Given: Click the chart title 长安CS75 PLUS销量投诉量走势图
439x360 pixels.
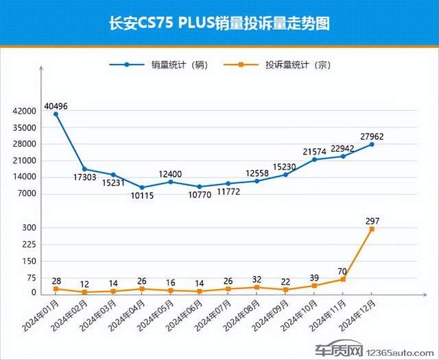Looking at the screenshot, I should pos(219,24).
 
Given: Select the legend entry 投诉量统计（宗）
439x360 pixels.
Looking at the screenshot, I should pos(293,66).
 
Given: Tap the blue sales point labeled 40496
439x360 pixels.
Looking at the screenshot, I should pos(56,114).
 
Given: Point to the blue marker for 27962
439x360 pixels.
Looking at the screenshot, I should pos(372,144).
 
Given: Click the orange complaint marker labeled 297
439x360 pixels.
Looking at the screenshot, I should pos(372,229).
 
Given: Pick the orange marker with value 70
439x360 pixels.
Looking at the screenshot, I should pos(343,279).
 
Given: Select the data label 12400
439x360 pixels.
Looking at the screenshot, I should pos(170,173).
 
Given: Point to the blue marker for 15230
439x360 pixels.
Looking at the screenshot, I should pos(285,175).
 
